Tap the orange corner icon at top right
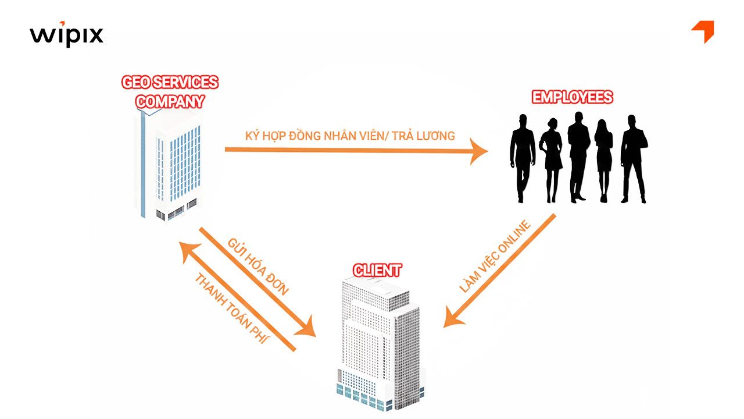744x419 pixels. point(704,31)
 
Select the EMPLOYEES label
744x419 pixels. point(573,97)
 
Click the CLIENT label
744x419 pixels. point(377,270)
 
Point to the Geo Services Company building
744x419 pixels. point(168,166)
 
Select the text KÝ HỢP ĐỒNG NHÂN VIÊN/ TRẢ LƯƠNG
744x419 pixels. point(349,136)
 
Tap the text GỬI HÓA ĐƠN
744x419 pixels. point(258,267)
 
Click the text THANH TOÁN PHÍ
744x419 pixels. point(231,308)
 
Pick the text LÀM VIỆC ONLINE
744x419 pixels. point(495,256)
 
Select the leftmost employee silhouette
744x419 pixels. point(522,157)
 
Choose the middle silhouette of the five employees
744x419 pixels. point(578,156)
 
